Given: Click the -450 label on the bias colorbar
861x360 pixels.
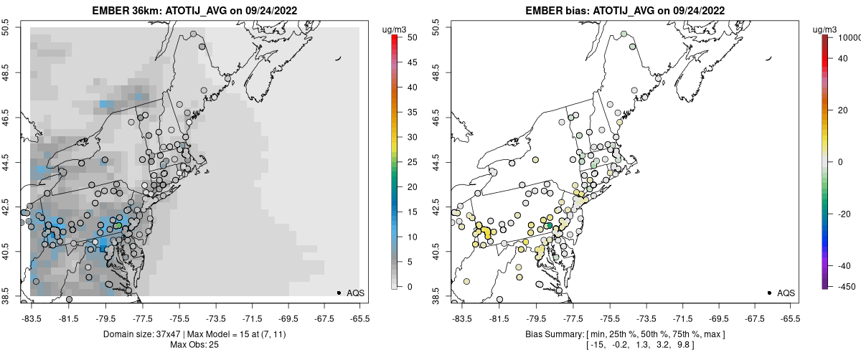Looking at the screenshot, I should click(844, 287).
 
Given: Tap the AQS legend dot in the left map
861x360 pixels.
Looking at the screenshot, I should click(338, 293).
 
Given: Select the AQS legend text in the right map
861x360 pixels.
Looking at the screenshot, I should click(786, 293).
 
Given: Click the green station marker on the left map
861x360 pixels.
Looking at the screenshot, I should click(118, 226).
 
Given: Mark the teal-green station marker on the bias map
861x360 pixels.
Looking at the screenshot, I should click(549, 226).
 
